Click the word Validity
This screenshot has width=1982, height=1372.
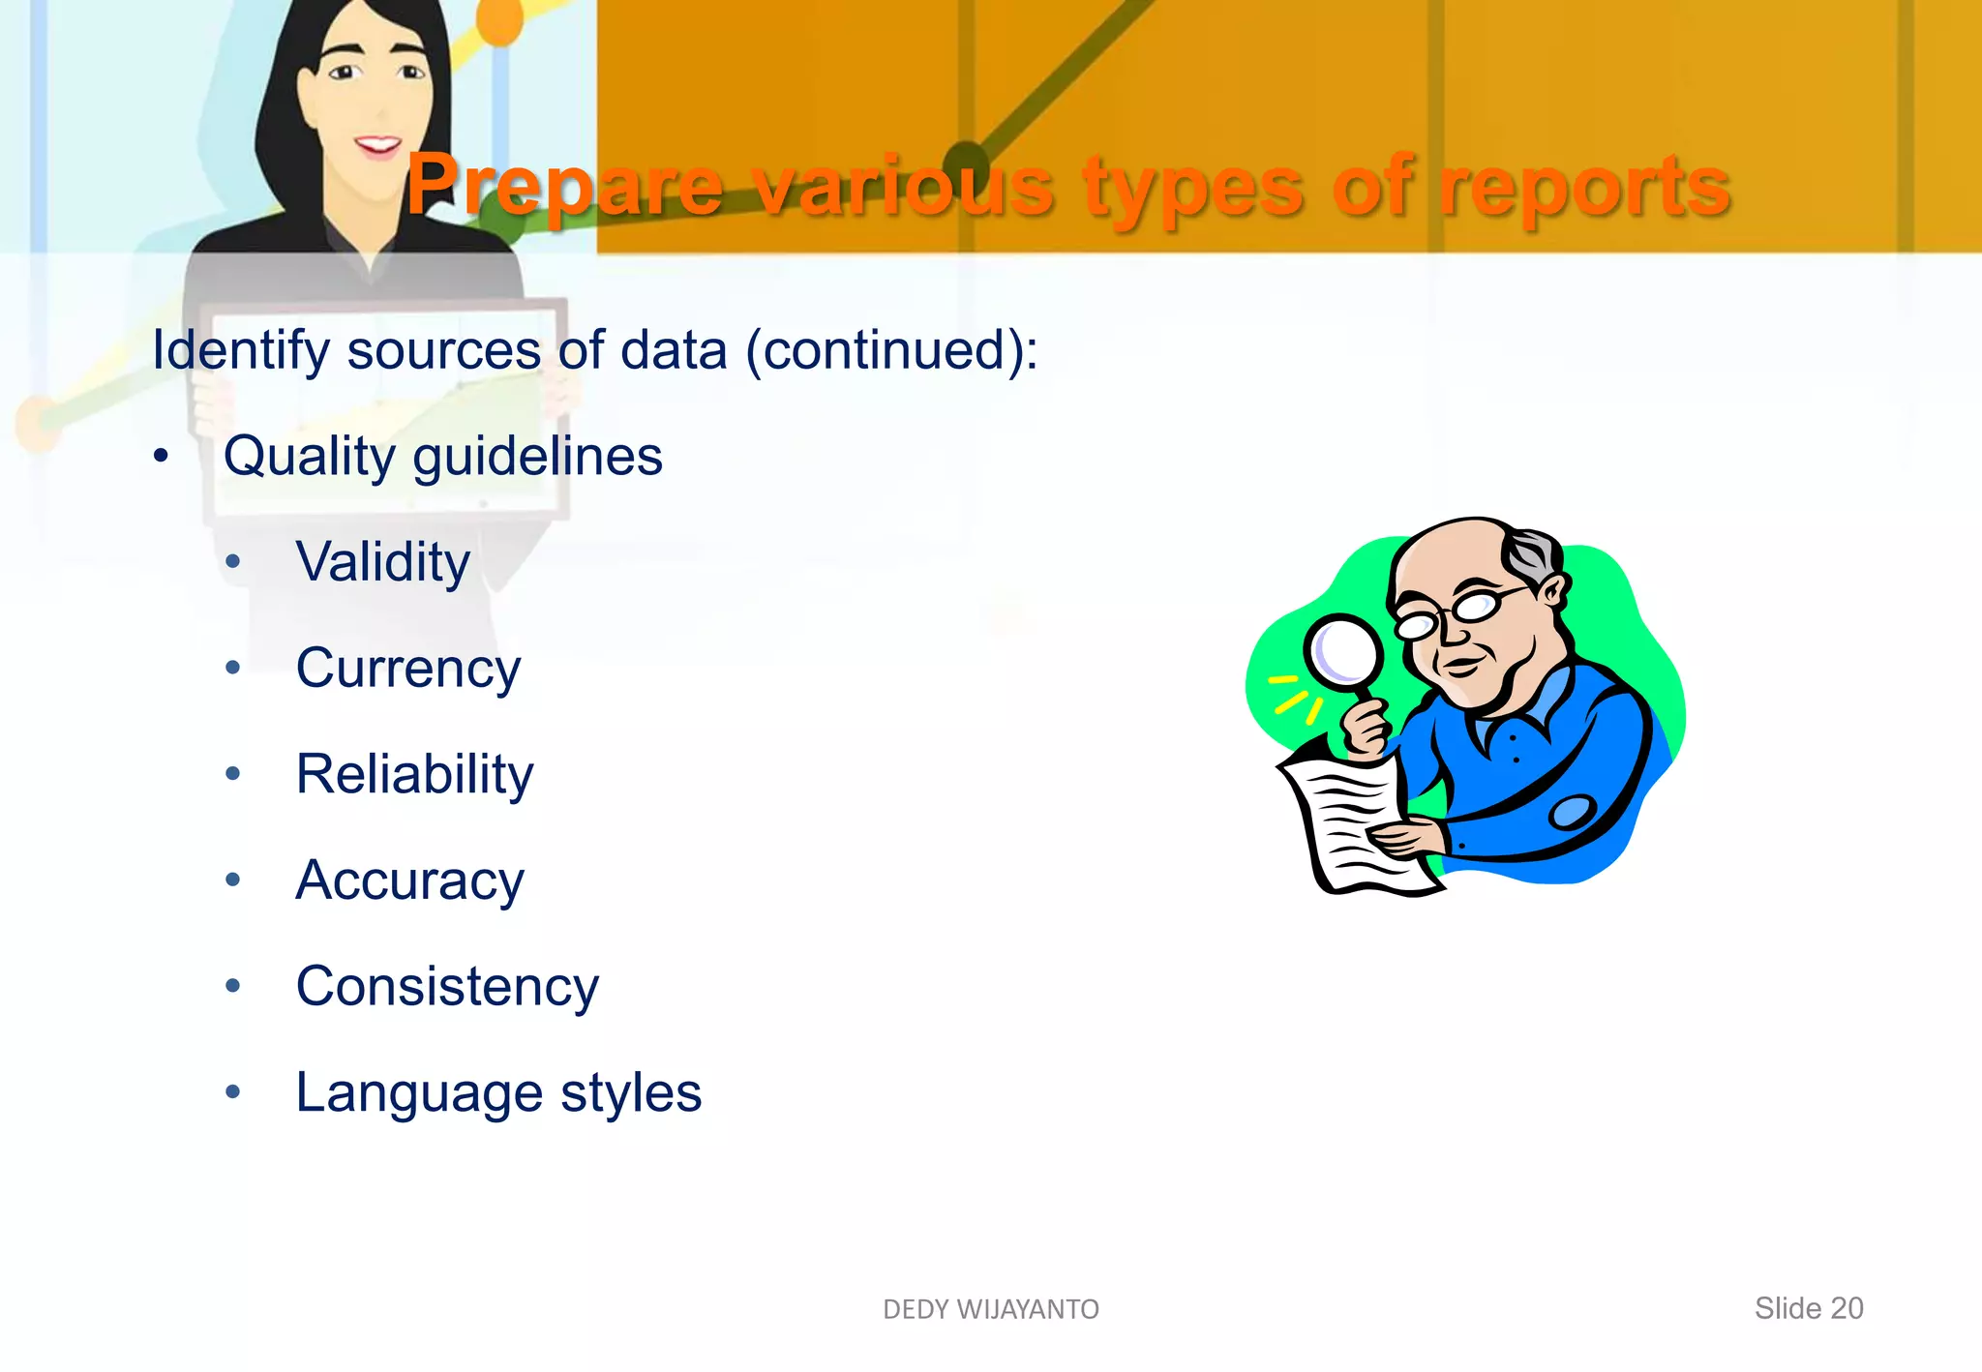(x=383, y=562)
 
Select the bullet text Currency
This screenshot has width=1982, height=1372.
(x=407, y=669)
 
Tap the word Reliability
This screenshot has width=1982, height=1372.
(x=414, y=774)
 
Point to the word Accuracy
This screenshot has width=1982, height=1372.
(x=409, y=880)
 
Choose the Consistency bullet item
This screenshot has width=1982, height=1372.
(x=447, y=986)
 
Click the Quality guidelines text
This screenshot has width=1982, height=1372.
(x=442, y=457)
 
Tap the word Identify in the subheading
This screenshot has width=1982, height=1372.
(x=241, y=350)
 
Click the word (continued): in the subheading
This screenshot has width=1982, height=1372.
(x=891, y=350)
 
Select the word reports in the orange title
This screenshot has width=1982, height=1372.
(x=1583, y=187)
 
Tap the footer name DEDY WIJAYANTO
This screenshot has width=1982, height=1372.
(x=991, y=1309)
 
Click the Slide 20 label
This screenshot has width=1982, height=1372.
(x=1808, y=1308)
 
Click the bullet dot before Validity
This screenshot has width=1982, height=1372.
(x=232, y=562)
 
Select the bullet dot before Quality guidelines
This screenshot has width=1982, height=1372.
(x=161, y=456)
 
